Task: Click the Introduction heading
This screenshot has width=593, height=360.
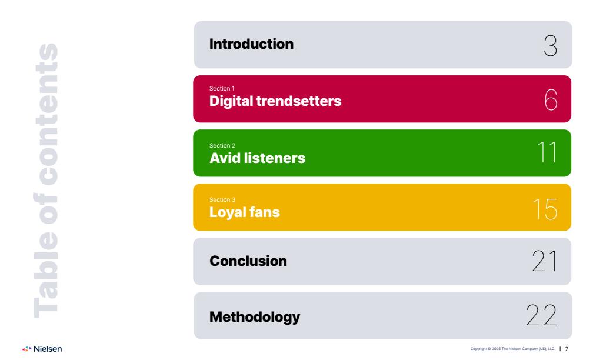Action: click(x=252, y=44)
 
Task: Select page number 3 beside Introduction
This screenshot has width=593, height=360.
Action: click(x=551, y=46)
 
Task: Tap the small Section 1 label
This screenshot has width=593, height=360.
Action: click(x=222, y=88)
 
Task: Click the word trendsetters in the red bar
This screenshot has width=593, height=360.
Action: click(x=299, y=101)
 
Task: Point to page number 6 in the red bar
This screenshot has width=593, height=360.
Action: click(x=551, y=100)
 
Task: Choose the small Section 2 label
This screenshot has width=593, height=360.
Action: click(x=222, y=146)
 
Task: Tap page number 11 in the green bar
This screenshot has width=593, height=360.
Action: click(x=547, y=152)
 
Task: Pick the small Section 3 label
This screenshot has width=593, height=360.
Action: click(x=222, y=199)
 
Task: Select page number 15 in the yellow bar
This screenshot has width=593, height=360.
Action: click(x=545, y=209)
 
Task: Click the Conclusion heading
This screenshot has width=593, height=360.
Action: click(x=248, y=261)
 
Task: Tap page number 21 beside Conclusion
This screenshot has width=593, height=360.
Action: click(x=545, y=261)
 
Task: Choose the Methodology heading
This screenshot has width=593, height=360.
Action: click(x=255, y=317)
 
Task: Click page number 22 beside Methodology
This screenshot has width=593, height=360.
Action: click(x=542, y=315)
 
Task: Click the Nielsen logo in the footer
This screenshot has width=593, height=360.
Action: click(x=42, y=349)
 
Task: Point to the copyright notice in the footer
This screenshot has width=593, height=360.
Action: click(x=513, y=349)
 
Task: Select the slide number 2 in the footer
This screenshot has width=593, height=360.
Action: click(x=567, y=349)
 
